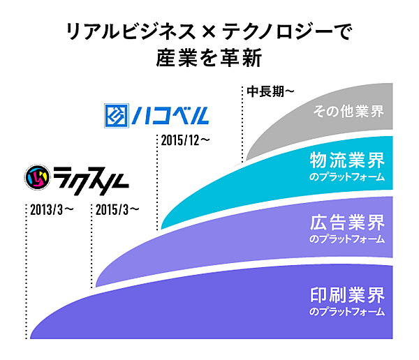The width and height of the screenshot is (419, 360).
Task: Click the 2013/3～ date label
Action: click(52, 210)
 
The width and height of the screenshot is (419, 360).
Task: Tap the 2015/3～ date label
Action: click(117, 210)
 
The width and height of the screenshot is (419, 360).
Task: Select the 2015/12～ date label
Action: click(186, 140)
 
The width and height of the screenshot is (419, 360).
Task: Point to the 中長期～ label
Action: click(270, 91)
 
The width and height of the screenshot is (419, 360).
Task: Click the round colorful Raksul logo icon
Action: click(38, 177)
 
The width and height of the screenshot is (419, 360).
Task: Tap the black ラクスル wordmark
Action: click(91, 180)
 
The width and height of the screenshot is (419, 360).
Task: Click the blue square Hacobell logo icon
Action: click(117, 116)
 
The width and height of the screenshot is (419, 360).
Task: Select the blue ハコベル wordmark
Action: click(170, 116)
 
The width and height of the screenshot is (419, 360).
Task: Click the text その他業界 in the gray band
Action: click(348, 112)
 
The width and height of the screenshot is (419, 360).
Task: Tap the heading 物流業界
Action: click(347, 160)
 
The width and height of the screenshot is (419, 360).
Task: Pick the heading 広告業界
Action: click(347, 223)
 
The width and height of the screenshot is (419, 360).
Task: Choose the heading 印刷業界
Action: click(347, 295)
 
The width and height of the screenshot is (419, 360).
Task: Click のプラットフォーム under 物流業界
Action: click(347, 177)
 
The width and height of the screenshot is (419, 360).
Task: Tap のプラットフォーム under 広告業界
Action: click(347, 239)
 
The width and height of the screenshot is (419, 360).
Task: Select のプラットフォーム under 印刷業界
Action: click(347, 312)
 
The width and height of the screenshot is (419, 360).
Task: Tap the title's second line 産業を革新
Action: click(209, 58)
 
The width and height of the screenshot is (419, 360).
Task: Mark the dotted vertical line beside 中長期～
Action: click(242, 124)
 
